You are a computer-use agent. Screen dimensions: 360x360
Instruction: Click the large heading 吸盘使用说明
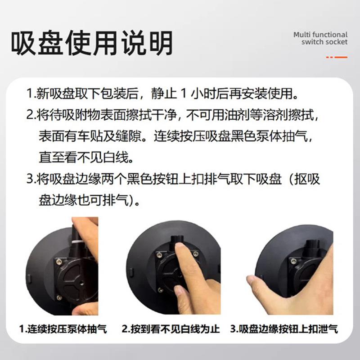click(x=92, y=43)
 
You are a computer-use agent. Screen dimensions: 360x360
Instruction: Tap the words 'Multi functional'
click(x=320, y=35)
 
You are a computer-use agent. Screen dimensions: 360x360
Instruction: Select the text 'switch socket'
click(x=324, y=42)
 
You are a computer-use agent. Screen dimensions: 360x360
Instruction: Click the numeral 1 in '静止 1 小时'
click(x=183, y=94)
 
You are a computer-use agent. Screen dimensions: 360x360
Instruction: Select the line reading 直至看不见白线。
click(x=86, y=157)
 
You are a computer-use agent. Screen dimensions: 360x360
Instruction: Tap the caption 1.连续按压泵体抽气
click(x=63, y=329)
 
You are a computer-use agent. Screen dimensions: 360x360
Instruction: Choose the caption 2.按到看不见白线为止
click(x=171, y=329)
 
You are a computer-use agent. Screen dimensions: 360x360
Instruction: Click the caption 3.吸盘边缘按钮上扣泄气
click(x=284, y=329)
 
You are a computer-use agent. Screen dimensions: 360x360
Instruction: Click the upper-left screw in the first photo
click(x=59, y=261)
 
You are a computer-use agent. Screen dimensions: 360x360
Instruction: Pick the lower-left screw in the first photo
click(x=59, y=298)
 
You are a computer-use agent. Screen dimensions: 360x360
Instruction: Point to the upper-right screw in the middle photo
click(x=195, y=254)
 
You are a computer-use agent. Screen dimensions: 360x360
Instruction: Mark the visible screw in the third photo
click(x=293, y=261)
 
